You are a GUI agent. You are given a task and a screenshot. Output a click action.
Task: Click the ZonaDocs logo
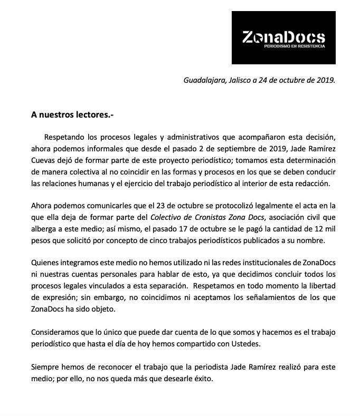point(283,37)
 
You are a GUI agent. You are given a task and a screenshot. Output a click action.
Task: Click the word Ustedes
point(245,345)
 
